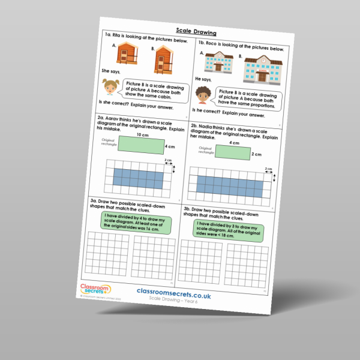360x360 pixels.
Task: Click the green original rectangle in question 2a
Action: [x=142, y=145]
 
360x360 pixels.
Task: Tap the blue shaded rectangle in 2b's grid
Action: [x=227, y=185]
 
